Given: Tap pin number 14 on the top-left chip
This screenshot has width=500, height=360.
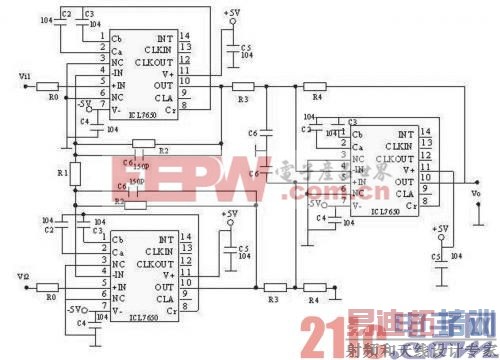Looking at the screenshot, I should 185,38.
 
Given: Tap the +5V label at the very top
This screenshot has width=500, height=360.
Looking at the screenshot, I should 233,13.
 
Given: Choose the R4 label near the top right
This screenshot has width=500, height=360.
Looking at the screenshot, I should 318,98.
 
